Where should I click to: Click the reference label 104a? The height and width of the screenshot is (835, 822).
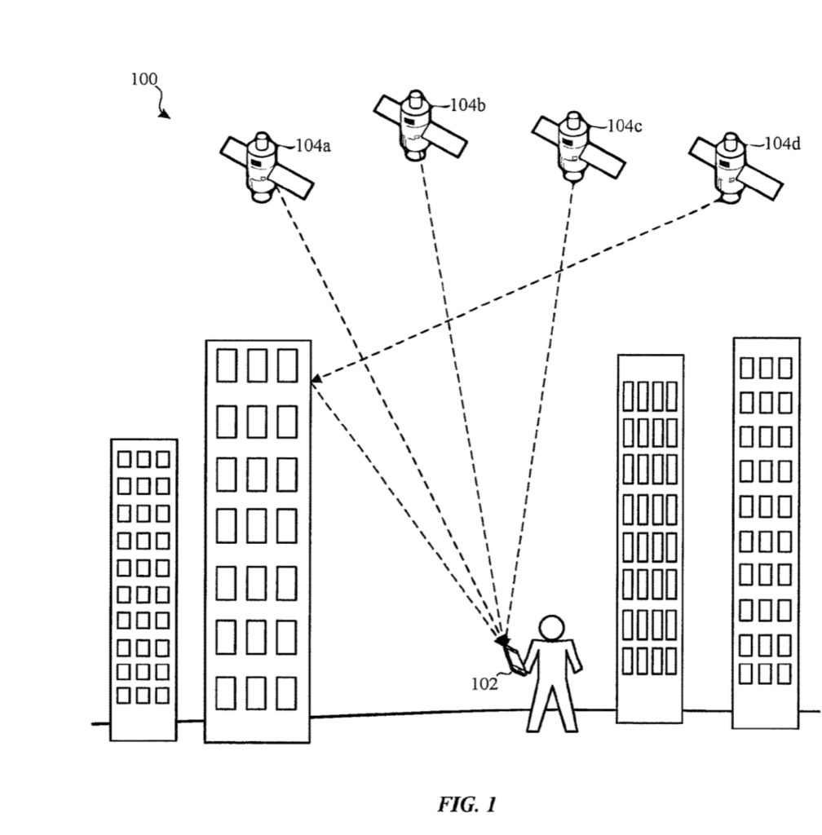[x=312, y=146]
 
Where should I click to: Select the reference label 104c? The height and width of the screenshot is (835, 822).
[x=625, y=126]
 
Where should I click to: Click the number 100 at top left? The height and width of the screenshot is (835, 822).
[x=144, y=79]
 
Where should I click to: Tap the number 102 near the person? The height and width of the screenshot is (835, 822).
[x=484, y=684]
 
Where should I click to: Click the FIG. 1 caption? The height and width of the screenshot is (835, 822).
[x=466, y=805]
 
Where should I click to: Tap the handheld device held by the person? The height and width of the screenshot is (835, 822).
[x=511, y=657]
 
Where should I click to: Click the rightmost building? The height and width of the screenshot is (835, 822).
[x=765, y=530]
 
